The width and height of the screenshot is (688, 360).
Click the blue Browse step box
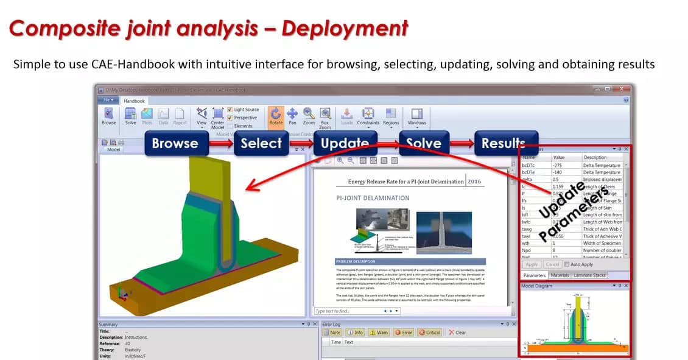(x=175, y=144)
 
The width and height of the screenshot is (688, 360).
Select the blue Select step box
(x=261, y=144)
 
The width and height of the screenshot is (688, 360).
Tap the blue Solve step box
(x=423, y=144)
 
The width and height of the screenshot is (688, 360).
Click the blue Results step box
(x=503, y=144)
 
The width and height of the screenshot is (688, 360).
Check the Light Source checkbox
(x=230, y=110)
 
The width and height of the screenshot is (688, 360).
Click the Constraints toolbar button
(x=368, y=116)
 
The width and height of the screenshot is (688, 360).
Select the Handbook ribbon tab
(x=134, y=101)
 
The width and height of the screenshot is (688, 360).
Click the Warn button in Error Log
(x=377, y=333)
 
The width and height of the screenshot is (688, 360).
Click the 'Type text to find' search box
(x=347, y=311)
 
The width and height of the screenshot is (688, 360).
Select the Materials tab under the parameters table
(x=560, y=275)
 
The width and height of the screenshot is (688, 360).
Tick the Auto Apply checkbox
(x=567, y=264)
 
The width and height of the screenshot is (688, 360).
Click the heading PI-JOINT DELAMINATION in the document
(x=373, y=198)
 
